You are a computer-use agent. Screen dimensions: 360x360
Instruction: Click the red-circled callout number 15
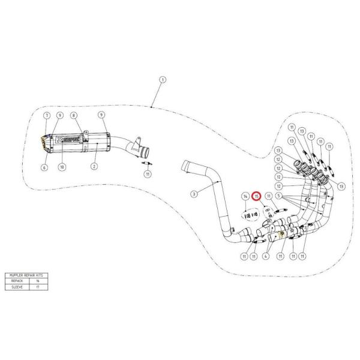[x=257, y=196]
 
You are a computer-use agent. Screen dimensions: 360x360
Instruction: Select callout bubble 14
[x=245, y=196]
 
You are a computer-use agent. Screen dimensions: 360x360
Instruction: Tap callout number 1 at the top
[x=162, y=80]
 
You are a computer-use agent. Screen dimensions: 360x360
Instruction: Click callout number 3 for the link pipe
[x=193, y=193]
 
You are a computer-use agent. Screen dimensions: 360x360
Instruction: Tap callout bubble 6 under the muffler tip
[x=44, y=168]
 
